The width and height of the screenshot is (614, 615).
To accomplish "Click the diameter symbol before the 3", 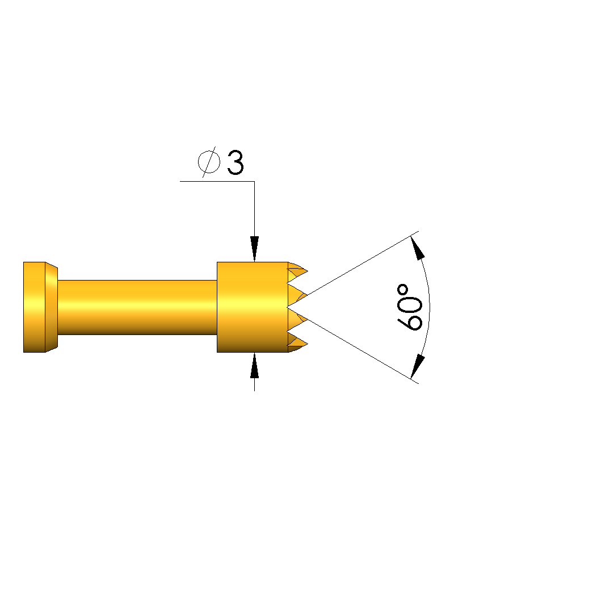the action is tap(209, 162).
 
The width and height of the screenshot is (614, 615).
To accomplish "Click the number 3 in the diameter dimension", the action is tap(235, 162).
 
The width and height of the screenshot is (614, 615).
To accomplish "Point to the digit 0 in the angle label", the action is tap(410, 303).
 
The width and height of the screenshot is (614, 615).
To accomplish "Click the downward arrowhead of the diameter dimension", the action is tap(255, 249).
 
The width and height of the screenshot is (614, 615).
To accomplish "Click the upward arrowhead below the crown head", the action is tap(255, 366).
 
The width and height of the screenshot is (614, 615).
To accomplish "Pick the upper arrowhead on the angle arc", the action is tap(418, 248).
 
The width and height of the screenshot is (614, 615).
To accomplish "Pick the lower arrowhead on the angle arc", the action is tap(418, 366).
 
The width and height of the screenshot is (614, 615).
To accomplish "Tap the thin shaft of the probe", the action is tap(137, 307).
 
